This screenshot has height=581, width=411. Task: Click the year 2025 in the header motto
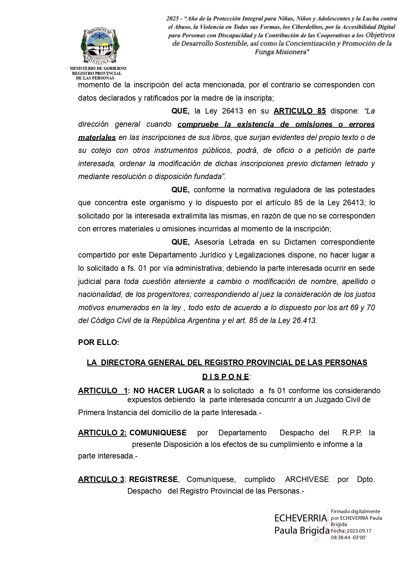173,19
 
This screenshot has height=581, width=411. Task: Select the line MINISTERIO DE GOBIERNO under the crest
98,69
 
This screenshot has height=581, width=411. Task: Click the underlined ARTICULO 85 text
299,111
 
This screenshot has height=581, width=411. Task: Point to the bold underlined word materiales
97,137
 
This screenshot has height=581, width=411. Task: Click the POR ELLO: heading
99,343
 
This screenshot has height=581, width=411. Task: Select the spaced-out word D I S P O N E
226,377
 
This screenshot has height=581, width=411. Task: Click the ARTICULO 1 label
103,391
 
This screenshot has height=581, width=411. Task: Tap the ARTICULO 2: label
102,433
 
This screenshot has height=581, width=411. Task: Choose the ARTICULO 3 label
101,479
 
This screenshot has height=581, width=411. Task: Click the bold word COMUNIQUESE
158,433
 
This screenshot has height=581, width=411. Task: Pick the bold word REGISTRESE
154,479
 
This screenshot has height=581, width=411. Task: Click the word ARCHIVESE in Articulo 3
307,479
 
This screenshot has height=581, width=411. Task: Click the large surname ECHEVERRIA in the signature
300,518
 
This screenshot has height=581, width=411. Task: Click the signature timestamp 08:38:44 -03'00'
348,537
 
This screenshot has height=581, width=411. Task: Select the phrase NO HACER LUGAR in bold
169,391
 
